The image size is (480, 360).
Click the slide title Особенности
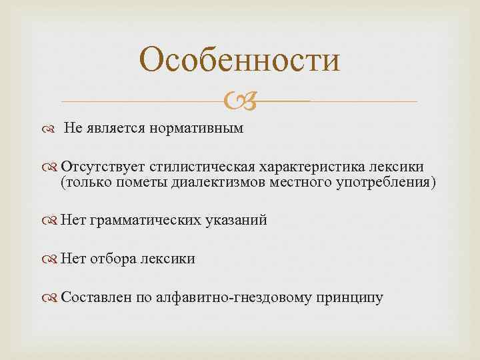click(240, 59)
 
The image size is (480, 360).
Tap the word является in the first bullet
click(115, 127)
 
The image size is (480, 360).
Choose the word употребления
click(389, 183)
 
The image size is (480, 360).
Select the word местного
click(300, 183)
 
